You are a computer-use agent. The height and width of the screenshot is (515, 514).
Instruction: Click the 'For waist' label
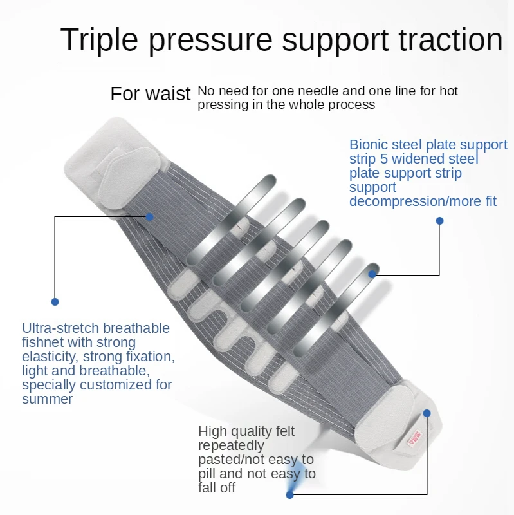151,94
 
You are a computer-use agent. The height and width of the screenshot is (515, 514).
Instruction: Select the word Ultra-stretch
68,328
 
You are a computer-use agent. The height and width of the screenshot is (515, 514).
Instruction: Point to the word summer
47,398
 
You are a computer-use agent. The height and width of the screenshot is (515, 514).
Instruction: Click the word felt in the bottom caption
283,431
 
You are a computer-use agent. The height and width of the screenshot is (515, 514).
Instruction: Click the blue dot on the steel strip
372,274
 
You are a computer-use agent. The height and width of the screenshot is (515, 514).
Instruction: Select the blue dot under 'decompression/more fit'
439,221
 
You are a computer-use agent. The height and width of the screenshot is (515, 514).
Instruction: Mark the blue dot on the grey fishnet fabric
149,217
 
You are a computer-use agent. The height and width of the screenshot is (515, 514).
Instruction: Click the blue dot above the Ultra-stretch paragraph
55,301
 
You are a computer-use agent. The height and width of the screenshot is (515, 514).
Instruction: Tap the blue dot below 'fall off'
290,494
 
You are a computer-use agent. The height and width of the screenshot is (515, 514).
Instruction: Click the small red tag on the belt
414,438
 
